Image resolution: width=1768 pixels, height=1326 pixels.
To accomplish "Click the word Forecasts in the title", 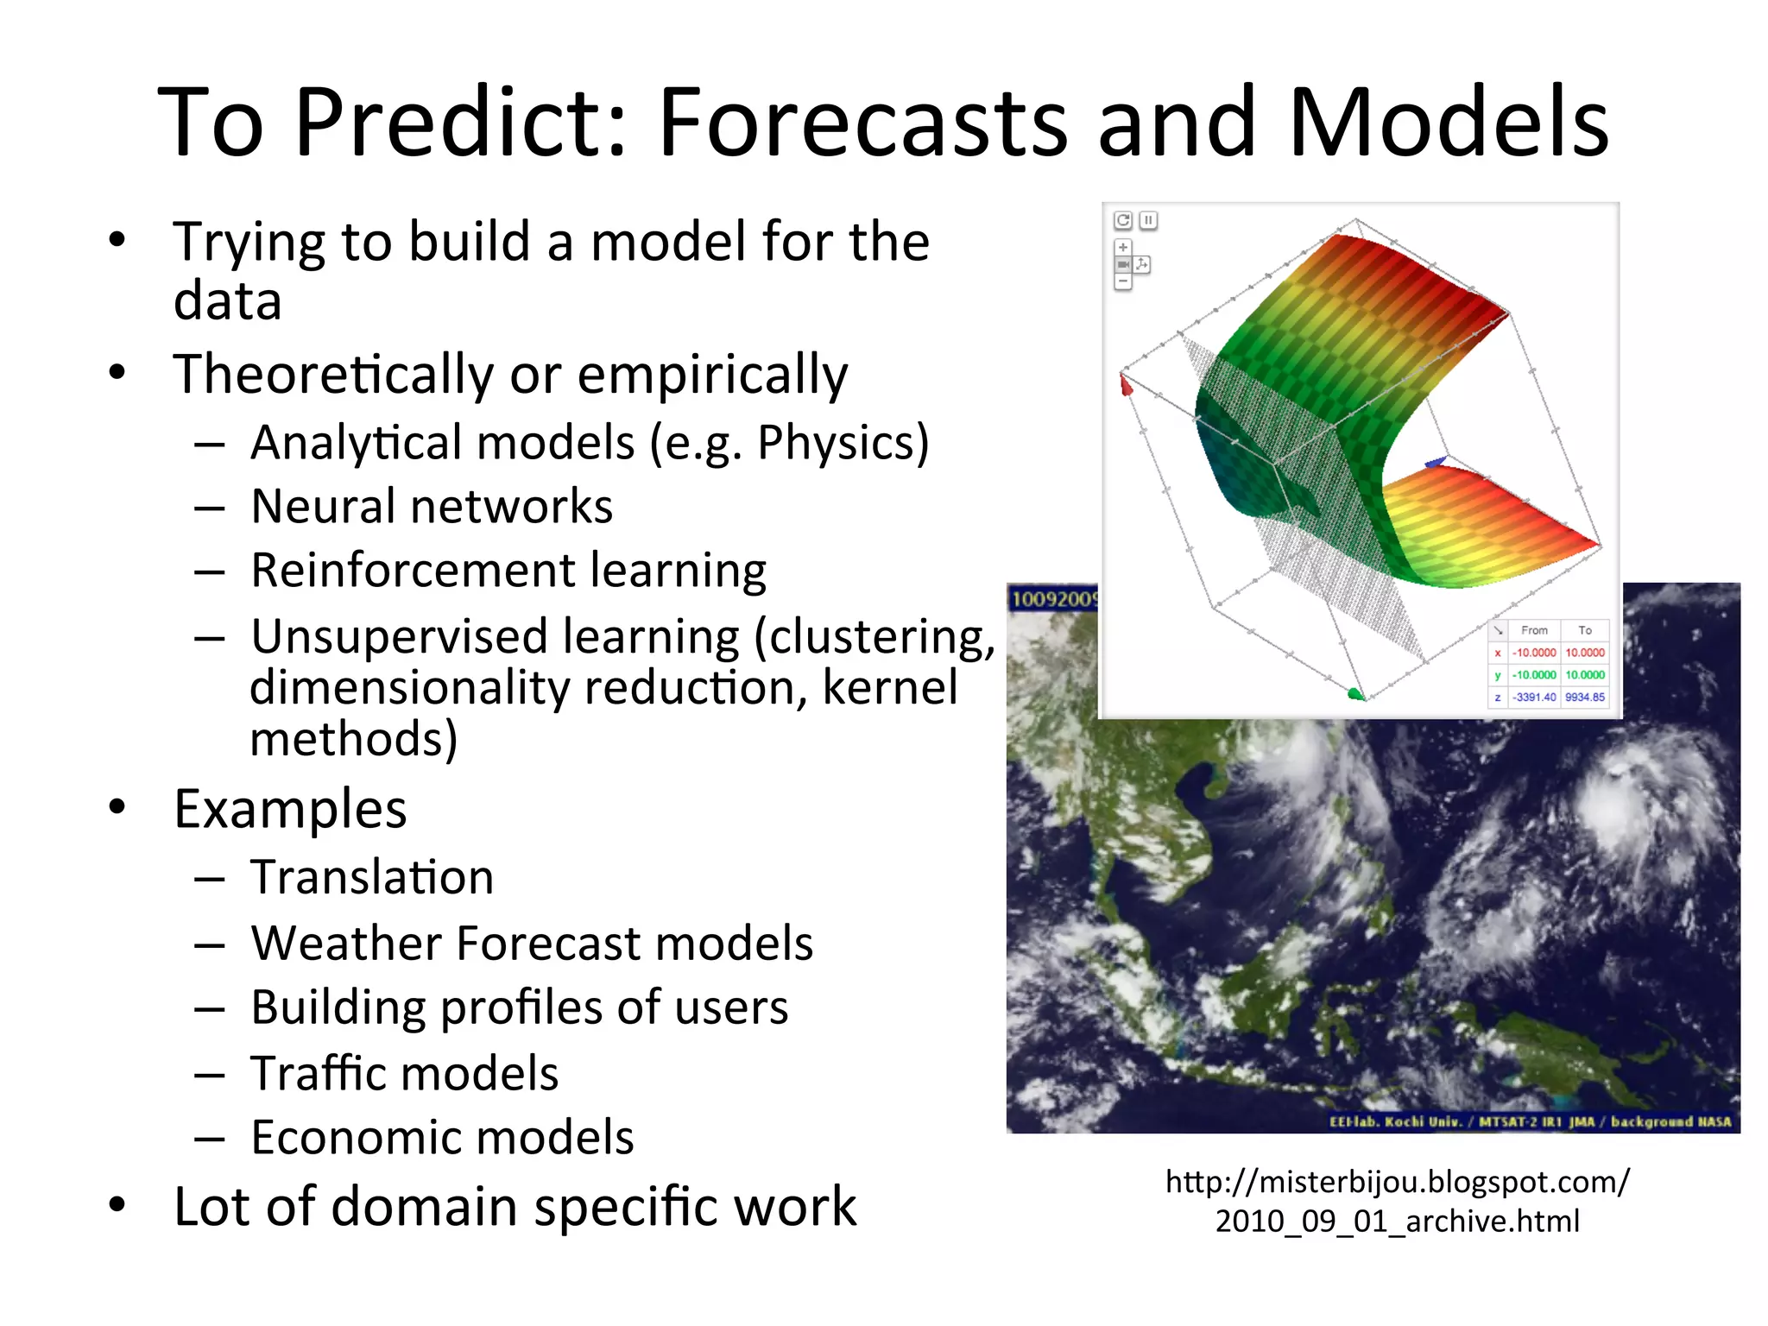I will coord(863,123).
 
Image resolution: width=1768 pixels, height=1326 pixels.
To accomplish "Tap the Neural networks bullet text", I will coord(432,507).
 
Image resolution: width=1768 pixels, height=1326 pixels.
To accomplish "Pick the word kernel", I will coord(889,688).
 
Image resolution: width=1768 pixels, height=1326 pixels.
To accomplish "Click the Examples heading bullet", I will coord(290,810).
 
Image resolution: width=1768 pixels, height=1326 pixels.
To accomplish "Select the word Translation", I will coord(372,878).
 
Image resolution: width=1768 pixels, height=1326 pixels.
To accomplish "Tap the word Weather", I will coord(345,943).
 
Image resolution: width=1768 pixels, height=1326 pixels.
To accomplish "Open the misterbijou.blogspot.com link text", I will coord(1397,1181).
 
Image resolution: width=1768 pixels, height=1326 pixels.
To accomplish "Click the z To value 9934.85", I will coord(1584,697).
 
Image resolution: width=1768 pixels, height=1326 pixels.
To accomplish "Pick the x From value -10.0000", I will coord(1533,653).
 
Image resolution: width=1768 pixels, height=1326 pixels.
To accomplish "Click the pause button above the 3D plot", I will coord(1148,220).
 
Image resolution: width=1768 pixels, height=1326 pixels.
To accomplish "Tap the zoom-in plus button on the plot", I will coord(1123,247).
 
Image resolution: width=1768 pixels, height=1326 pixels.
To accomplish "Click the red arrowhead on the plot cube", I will coord(1126,385).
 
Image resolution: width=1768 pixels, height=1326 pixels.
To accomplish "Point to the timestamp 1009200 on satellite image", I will coord(1053,598).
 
